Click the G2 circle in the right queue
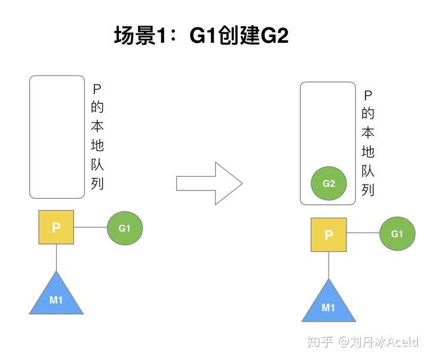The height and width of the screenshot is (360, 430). coord(328,184)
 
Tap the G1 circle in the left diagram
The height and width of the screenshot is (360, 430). coord(124,228)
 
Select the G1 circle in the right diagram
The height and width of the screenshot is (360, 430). coord(397,234)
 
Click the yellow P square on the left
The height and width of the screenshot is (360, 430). coord(56,227)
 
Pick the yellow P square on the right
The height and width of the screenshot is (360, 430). coord(328,235)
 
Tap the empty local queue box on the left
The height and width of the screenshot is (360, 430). coord(57,137)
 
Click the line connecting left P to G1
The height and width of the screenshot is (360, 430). coord(90,227)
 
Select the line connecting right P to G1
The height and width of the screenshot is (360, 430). coord(363,234)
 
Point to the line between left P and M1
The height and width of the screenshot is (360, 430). coord(56,257)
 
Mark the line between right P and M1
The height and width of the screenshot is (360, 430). coord(328,265)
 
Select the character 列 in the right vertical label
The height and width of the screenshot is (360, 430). coord(368,190)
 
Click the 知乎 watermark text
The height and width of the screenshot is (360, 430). coord(320,341)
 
